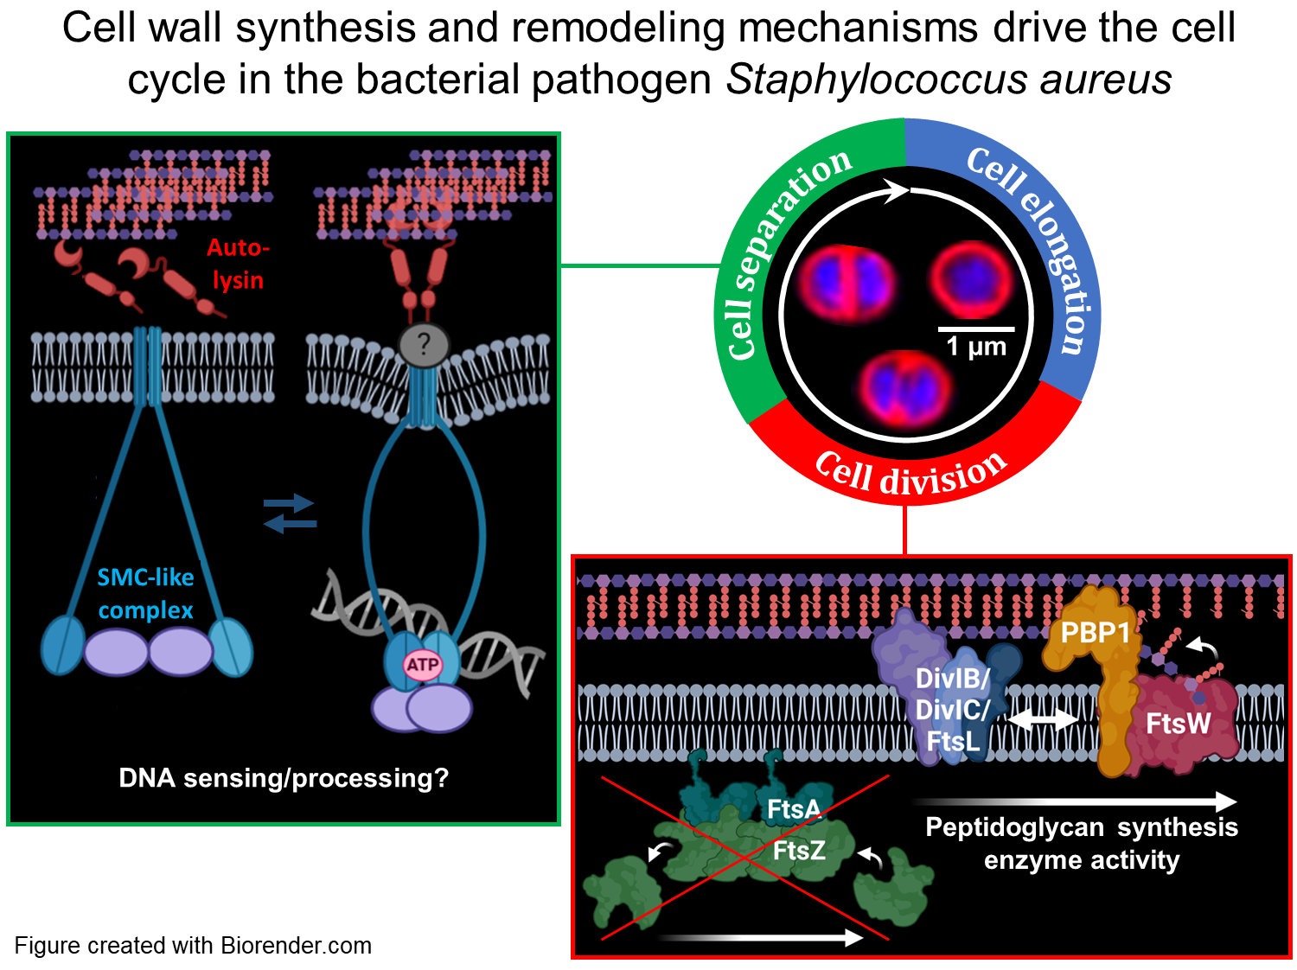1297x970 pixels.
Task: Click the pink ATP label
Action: click(x=423, y=665)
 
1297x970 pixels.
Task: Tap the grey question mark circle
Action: click(x=423, y=345)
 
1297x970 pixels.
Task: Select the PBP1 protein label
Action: click(x=1096, y=633)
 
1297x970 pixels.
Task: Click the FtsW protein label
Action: click(x=1178, y=723)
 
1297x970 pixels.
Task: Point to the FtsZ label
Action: click(x=799, y=851)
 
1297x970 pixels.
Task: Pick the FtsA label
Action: click(x=794, y=809)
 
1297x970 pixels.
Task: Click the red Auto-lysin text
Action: click(x=238, y=264)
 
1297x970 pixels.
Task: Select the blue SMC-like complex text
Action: click(x=145, y=593)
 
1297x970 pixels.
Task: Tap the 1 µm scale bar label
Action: click(x=976, y=347)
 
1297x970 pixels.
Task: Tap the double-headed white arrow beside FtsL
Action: click(x=1044, y=719)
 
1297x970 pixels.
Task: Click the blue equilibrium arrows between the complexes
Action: click(x=290, y=513)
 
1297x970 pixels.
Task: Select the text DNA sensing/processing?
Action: click(x=284, y=778)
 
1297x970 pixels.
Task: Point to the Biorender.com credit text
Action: click(x=296, y=946)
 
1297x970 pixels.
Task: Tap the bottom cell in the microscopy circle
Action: click(x=904, y=387)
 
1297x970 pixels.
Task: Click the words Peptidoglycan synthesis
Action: click(x=1081, y=827)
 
